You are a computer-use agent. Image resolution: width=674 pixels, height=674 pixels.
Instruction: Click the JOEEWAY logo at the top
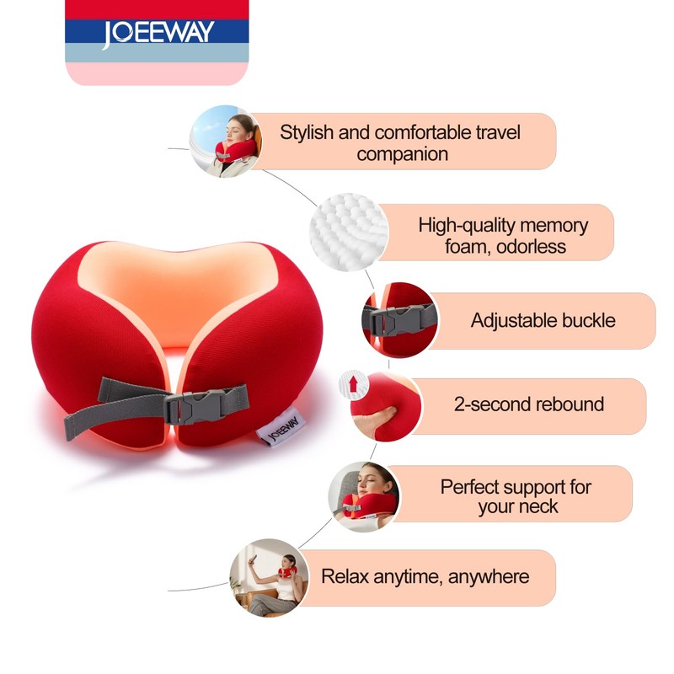click(158, 34)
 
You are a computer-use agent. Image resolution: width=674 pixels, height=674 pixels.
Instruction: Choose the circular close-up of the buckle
click(399, 320)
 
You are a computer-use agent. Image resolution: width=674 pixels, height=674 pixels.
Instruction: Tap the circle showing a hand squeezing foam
click(375, 404)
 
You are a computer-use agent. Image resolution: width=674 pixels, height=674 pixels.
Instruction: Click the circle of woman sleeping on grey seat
click(363, 496)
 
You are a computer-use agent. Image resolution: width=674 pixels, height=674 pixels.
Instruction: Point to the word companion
click(402, 154)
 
